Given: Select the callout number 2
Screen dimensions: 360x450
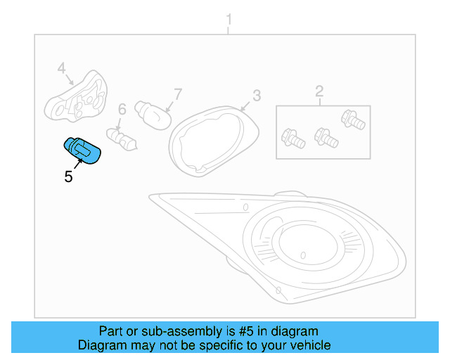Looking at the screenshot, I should click(319, 90).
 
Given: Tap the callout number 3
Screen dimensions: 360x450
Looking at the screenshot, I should click(257, 95).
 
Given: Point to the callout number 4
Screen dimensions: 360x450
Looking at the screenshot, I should click(61, 68).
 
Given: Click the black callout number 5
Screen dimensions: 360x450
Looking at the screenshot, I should click(68, 176).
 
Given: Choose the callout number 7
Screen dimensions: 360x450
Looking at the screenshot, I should click(178, 94).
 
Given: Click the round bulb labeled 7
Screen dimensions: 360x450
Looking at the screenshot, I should click(155, 113).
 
